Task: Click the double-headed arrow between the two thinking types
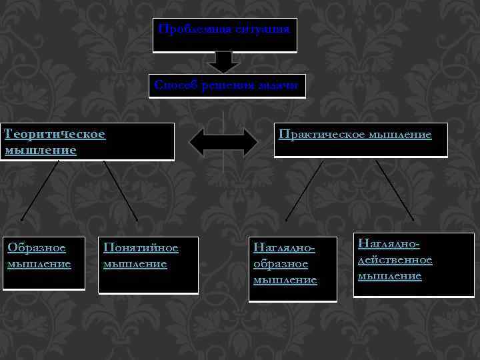click(x=224, y=141)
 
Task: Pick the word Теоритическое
click(x=55, y=134)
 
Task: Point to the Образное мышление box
click(x=44, y=263)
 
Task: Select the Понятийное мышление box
click(x=148, y=264)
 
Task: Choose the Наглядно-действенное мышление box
click(x=415, y=264)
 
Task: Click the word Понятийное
click(x=141, y=249)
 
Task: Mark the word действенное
click(x=395, y=260)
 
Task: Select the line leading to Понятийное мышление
click(x=121, y=191)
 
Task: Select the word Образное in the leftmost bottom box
click(x=37, y=249)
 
